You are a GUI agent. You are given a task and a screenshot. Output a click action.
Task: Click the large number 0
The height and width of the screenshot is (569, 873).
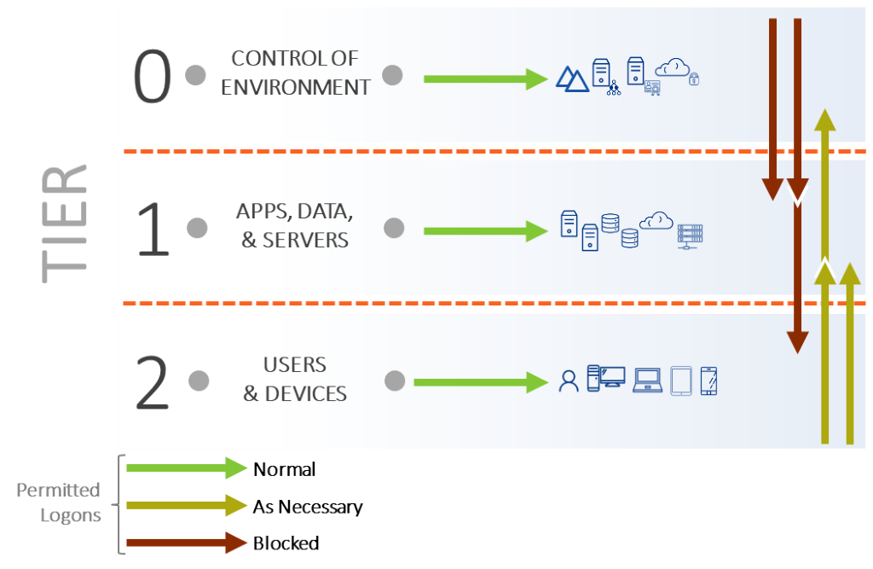pos(153,77)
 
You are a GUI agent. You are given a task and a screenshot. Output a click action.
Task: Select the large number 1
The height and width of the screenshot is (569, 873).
pos(153,228)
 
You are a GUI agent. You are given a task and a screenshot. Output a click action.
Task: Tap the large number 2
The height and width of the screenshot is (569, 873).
pos(153,382)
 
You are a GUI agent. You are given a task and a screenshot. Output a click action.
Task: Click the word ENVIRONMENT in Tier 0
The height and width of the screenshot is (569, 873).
pos(296,87)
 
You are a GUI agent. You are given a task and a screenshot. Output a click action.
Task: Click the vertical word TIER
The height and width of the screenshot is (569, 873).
pos(66,224)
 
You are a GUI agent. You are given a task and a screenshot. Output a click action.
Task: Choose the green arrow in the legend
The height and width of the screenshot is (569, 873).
pos(187,467)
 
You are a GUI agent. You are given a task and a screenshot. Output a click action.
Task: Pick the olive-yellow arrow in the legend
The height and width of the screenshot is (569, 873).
pos(187,505)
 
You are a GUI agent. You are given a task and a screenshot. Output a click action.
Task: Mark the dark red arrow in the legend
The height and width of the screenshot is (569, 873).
pos(187,543)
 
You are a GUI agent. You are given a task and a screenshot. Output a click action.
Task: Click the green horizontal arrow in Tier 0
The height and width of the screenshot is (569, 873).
pos(484,78)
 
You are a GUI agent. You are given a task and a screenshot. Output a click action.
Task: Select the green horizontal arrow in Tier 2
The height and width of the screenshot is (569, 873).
pos(480,382)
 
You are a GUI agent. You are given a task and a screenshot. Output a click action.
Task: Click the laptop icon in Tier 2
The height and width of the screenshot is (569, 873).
pos(647,380)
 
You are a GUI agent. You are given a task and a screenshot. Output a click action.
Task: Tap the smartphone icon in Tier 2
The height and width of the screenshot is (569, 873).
pos(708,380)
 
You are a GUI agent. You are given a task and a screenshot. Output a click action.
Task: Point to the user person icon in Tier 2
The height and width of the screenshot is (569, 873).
pos(568,380)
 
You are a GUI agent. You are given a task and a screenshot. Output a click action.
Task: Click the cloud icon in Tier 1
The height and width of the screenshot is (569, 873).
pos(656,221)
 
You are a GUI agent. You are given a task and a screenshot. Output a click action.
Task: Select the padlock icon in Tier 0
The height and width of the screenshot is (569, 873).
pos(694,79)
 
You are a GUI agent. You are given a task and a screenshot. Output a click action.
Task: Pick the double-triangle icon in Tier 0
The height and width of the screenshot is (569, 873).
pos(572,78)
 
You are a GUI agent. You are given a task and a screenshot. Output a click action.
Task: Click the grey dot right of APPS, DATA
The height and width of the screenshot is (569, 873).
pos(393,228)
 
